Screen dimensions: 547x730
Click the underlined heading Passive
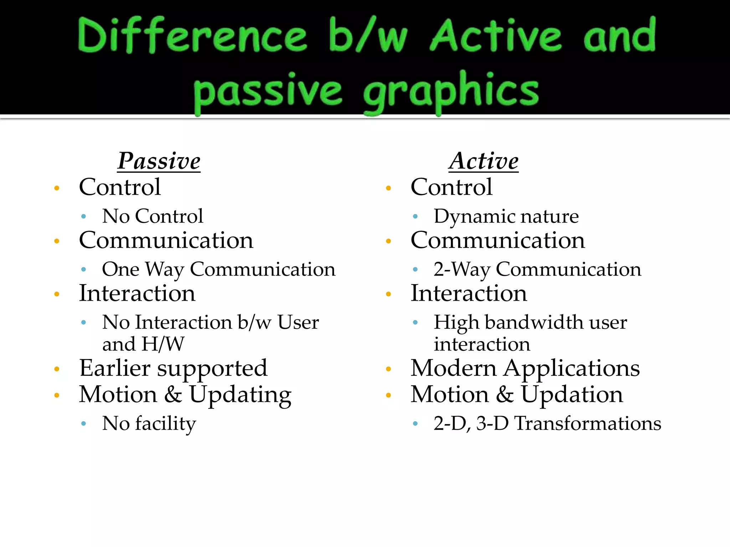tap(159, 161)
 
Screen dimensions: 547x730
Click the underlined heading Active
tap(483, 161)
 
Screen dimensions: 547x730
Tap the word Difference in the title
tap(192, 36)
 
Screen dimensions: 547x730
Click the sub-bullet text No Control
tap(153, 216)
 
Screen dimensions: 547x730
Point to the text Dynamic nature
tap(506, 216)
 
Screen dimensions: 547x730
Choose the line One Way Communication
tap(219, 269)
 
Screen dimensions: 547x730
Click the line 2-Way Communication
tap(537, 269)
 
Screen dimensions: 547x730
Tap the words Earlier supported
tap(173, 368)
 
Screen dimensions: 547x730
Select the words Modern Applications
tap(525, 368)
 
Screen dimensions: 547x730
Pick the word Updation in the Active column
tap(572, 395)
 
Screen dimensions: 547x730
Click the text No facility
tap(149, 423)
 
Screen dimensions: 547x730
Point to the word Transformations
tap(588, 423)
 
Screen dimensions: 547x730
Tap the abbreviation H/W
tap(163, 344)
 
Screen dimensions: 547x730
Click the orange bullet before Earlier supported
tap(57, 369)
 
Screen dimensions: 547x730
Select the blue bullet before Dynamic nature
tap(415, 216)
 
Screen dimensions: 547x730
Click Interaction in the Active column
tap(469, 293)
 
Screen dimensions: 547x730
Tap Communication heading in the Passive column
tap(166, 240)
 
